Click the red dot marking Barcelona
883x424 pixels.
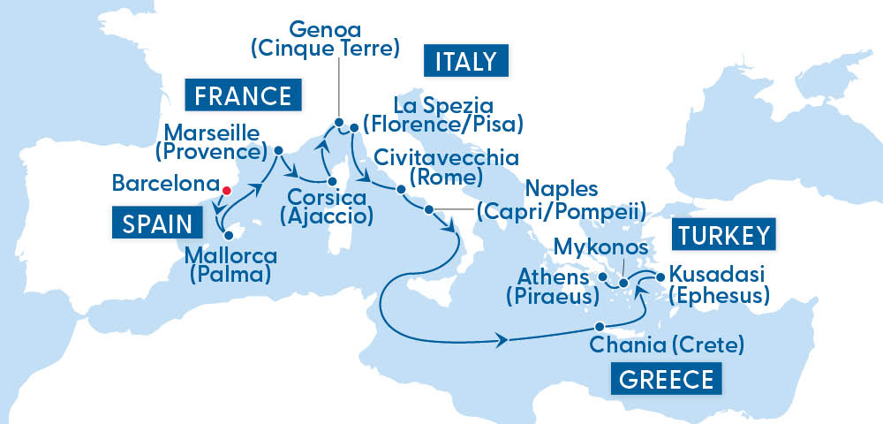coord(226,189)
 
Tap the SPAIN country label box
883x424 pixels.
coord(153,223)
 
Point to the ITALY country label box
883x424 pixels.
coord(460,64)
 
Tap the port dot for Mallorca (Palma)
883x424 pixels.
coord(227,235)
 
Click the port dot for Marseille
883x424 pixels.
coord(277,150)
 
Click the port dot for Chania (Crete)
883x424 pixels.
coord(600,325)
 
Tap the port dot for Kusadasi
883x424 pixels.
coord(659,277)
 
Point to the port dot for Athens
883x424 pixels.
coord(603,277)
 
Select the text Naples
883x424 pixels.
coord(562,189)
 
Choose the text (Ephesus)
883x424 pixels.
coord(718,295)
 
